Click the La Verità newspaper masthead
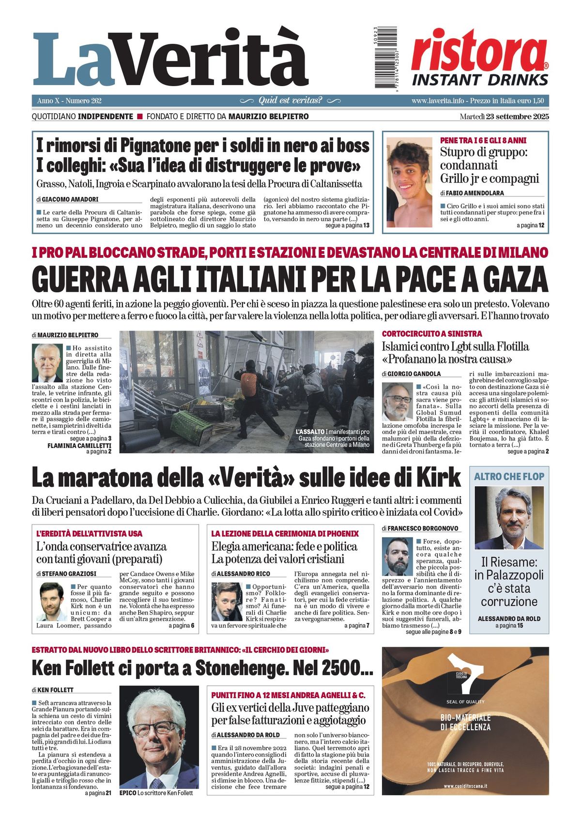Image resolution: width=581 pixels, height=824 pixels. click(x=170, y=60)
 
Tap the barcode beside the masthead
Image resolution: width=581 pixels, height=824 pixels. click(x=386, y=59)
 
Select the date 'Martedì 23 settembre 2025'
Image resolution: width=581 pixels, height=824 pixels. click(x=504, y=117)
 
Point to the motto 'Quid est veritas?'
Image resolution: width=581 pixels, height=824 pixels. click(x=290, y=101)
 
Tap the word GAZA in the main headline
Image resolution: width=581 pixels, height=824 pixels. click(x=514, y=279)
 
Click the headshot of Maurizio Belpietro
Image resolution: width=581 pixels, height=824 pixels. click(x=47, y=363)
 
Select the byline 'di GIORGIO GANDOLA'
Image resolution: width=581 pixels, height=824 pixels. click(x=411, y=374)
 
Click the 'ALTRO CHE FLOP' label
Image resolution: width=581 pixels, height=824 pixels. click(x=509, y=476)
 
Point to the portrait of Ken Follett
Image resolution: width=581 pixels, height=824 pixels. click(x=152, y=736)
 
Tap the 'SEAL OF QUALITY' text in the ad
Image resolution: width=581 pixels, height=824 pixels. click(x=465, y=702)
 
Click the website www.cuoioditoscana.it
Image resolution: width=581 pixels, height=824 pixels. click(x=465, y=786)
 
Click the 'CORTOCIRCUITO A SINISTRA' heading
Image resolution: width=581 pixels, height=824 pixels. click(x=431, y=333)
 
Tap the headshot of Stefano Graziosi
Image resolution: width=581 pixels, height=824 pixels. click(x=51, y=601)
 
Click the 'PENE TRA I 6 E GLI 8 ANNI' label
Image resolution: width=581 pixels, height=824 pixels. click(x=483, y=140)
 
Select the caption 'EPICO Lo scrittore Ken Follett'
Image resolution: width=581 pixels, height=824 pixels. click(x=156, y=793)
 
